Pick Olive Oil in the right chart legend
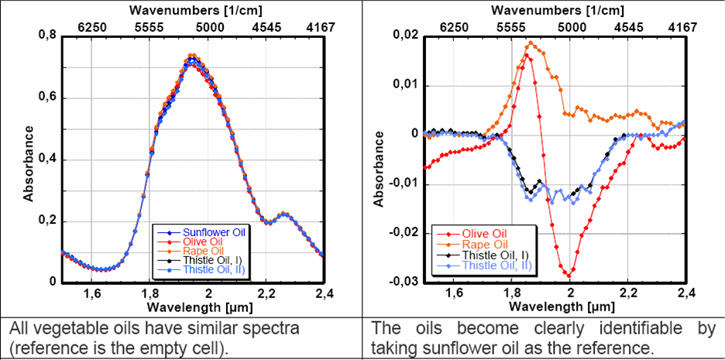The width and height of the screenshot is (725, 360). [484, 232]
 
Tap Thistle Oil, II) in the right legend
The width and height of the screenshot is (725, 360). [496, 266]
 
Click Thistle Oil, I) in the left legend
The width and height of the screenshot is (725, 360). [210, 261]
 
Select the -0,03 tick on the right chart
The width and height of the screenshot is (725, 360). [406, 281]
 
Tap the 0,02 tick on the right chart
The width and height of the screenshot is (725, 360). [407, 36]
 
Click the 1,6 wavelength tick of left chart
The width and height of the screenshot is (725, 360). [92, 294]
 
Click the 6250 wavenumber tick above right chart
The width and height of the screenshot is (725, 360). [454, 26]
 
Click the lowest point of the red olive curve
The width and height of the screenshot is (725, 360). [569, 276]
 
